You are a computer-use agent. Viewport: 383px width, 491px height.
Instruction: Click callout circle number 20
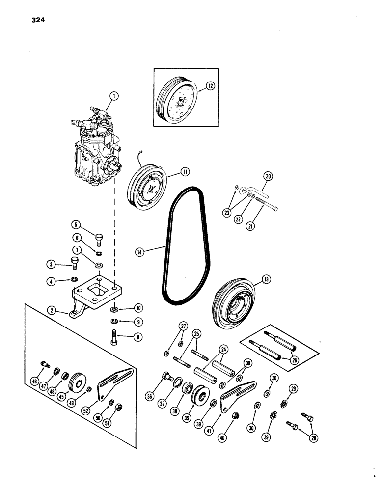(x=268, y=177)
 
